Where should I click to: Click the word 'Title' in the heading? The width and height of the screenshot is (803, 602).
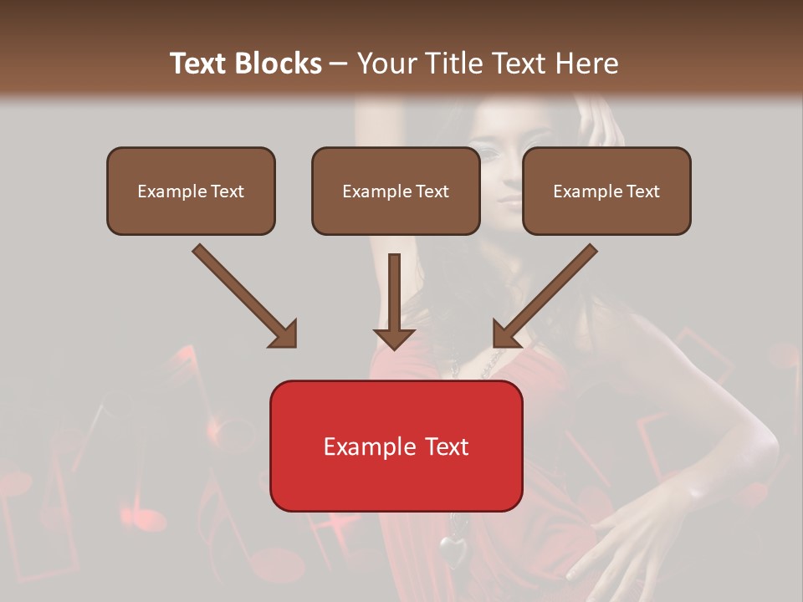(x=453, y=64)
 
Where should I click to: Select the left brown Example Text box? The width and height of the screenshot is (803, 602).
(x=191, y=191)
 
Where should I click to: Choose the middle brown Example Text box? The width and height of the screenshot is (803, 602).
(x=396, y=191)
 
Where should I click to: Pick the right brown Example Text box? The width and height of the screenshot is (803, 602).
(x=606, y=191)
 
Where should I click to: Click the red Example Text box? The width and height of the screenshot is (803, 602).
(x=396, y=446)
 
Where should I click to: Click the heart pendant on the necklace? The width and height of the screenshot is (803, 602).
(x=453, y=551)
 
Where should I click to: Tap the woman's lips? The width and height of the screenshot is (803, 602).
(x=510, y=201)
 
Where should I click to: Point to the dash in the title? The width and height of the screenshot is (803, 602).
(x=339, y=64)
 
